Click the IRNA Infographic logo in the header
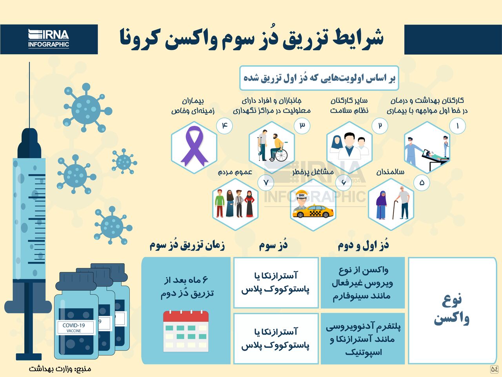click(x=49, y=38)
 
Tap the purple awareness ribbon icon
click(x=194, y=146)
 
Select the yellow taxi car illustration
click(x=313, y=211)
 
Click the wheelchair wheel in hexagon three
click(x=281, y=156)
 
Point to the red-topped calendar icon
click(x=186, y=331)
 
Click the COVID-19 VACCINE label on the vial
click(x=74, y=328)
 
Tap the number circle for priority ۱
click(x=457, y=126)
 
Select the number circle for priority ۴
click(x=224, y=126)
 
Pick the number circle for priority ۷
click(x=266, y=183)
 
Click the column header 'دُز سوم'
click(x=273, y=245)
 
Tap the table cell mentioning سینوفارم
click(x=363, y=283)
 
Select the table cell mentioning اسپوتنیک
click(x=363, y=339)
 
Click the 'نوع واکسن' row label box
click(x=452, y=311)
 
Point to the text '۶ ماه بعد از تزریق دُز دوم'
click(x=187, y=287)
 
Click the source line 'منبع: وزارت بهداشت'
click(x=60, y=369)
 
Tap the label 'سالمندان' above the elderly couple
click(x=390, y=172)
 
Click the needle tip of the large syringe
click(x=29, y=62)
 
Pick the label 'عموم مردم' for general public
click(x=235, y=172)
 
